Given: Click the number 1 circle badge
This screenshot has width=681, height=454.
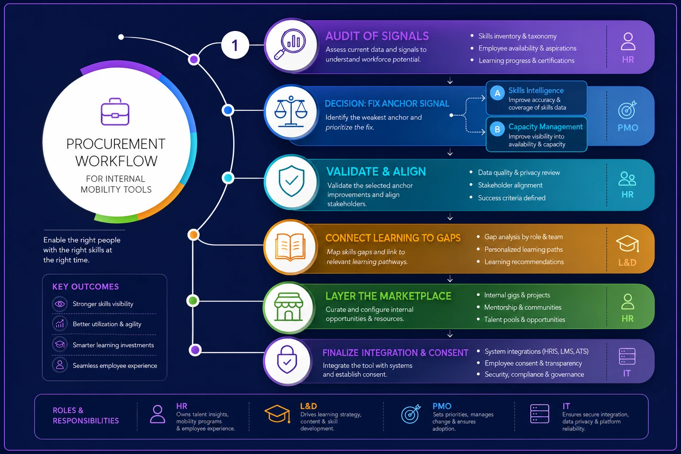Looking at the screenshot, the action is click(x=235, y=45).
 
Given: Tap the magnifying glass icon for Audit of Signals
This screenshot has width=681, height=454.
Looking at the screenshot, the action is click(x=290, y=43).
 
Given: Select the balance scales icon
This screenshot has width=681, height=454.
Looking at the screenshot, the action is click(x=291, y=111).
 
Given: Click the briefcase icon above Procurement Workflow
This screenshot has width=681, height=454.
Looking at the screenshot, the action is click(x=115, y=111).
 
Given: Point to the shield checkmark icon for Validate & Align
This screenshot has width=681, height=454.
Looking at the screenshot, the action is click(x=291, y=181).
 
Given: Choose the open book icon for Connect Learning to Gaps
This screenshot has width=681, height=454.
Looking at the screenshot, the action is click(x=290, y=247).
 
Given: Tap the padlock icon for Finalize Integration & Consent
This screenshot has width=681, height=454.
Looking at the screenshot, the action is click(x=287, y=359).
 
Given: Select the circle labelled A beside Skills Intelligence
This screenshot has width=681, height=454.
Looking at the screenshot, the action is click(x=497, y=94).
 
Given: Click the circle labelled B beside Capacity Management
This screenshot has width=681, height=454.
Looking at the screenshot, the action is click(x=497, y=129).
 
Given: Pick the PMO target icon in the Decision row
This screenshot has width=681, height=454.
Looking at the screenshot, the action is click(x=627, y=110).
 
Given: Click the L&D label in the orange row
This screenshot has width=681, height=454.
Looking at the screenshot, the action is click(x=627, y=262).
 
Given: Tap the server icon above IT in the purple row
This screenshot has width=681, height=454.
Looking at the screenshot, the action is click(x=627, y=356).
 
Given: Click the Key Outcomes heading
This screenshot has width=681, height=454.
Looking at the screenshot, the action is click(x=86, y=287).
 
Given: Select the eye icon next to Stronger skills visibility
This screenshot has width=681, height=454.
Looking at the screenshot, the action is click(x=60, y=304).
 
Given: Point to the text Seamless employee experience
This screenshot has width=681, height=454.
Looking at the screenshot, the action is click(x=115, y=365).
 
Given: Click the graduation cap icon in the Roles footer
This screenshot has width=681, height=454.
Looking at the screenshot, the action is click(x=277, y=414).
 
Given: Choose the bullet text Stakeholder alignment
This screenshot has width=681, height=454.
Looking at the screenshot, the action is click(x=510, y=185).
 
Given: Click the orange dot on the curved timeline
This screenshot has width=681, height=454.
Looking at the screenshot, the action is click(x=193, y=235).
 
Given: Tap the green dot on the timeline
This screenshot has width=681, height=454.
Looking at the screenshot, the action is click(x=193, y=301).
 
